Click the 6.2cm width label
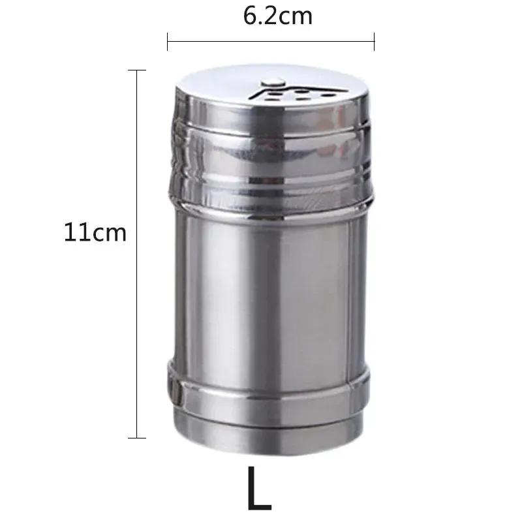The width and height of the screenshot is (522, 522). tap(277, 16)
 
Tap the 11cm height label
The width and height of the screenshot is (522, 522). tap(95, 233)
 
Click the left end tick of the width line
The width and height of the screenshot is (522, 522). tap(168, 42)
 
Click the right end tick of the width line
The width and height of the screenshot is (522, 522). tap(374, 42)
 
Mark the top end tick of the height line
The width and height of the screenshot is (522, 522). tap(136, 70)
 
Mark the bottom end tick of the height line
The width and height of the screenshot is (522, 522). tap(136, 438)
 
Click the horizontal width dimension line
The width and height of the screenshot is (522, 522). tap(271, 42)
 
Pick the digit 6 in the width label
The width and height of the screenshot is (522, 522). tap(250, 16)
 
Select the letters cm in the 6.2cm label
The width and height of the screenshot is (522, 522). tap(296, 16)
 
